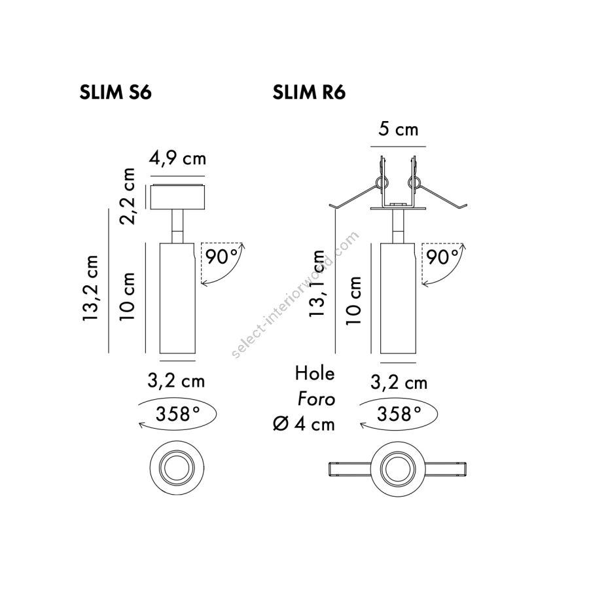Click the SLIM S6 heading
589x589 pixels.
tap(115, 92)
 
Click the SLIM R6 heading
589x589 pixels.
tap(309, 92)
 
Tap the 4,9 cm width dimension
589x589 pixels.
tap(177, 158)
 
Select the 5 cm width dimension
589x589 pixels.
tap(398, 129)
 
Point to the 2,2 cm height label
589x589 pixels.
tap(128, 196)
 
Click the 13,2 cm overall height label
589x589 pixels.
tap(90, 288)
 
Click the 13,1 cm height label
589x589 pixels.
tap(317, 283)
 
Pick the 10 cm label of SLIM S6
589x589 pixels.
tap(128, 296)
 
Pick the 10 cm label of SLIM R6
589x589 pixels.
tap(353, 300)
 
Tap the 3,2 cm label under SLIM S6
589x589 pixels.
tap(176, 382)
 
